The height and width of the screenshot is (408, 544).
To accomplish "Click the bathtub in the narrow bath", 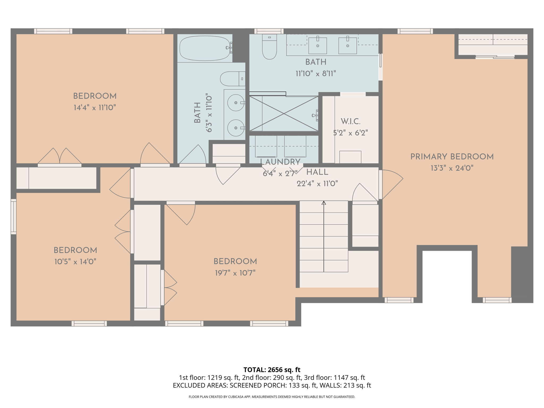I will pyautogui.click(x=205, y=48).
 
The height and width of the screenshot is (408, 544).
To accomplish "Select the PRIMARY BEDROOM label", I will pyautogui.click(x=452, y=157).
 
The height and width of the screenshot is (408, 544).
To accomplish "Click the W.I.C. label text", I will pyautogui.click(x=350, y=122).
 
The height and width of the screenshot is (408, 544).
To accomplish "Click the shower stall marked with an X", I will pyautogui.click(x=284, y=114).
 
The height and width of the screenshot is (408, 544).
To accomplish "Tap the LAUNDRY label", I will pyautogui.click(x=280, y=162).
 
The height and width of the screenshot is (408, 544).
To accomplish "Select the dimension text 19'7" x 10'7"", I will pyautogui.click(x=235, y=273).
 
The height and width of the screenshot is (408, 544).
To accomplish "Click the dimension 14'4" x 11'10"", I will pyautogui.click(x=95, y=108).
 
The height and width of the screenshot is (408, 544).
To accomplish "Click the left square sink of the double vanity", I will pyautogui.click(x=317, y=46).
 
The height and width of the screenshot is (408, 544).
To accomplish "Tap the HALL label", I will pyautogui.click(x=317, y=172).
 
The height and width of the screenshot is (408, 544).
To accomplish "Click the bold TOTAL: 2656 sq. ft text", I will pyautogui.click(x=272, y=369).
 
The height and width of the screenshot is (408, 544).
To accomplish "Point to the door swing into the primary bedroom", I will pyautogui.click(x=392, y=183).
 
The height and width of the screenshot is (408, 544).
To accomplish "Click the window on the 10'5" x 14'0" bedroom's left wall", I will pyautogui.click(x=13, y=216).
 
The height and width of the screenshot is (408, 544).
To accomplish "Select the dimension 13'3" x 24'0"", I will pyautogui.click(x=452, y=168).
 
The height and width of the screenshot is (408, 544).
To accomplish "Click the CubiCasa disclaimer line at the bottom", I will pyautogui.click(x=272, y=397).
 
